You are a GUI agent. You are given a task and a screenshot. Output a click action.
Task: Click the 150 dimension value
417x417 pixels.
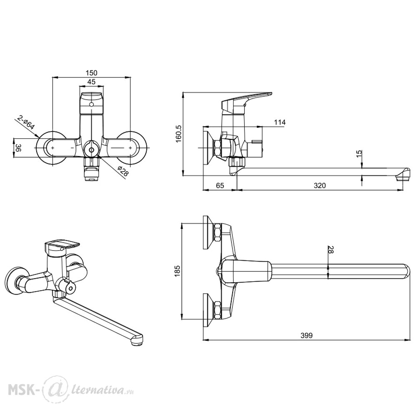point(91,73)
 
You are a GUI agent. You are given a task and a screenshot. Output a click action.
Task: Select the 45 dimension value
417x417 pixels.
point(91,82)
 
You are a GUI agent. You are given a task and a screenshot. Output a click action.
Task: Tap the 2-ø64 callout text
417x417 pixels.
point(26,123)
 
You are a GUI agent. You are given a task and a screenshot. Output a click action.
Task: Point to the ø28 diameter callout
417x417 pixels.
point(123,171)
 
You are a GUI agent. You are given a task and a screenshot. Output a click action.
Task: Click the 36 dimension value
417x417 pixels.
point(18,148)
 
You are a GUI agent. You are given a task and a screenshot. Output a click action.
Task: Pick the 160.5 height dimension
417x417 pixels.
point(178,133)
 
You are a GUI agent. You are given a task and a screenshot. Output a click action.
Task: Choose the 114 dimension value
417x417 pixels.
point(280,122)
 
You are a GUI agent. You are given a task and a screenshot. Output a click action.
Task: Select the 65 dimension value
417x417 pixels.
point(220,186)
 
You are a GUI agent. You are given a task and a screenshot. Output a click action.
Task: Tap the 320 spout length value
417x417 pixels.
point(320,186)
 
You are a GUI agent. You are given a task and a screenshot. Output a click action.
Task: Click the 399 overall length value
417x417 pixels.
point(306,335)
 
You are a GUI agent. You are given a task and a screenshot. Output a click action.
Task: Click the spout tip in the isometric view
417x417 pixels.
point(137,340)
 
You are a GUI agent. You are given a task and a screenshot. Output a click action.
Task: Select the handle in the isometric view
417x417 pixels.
point(62,246)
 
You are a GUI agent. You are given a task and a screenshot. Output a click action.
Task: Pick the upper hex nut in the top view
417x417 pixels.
point(217,233)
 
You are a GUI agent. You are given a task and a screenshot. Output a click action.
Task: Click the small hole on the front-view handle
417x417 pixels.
point(92,104)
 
